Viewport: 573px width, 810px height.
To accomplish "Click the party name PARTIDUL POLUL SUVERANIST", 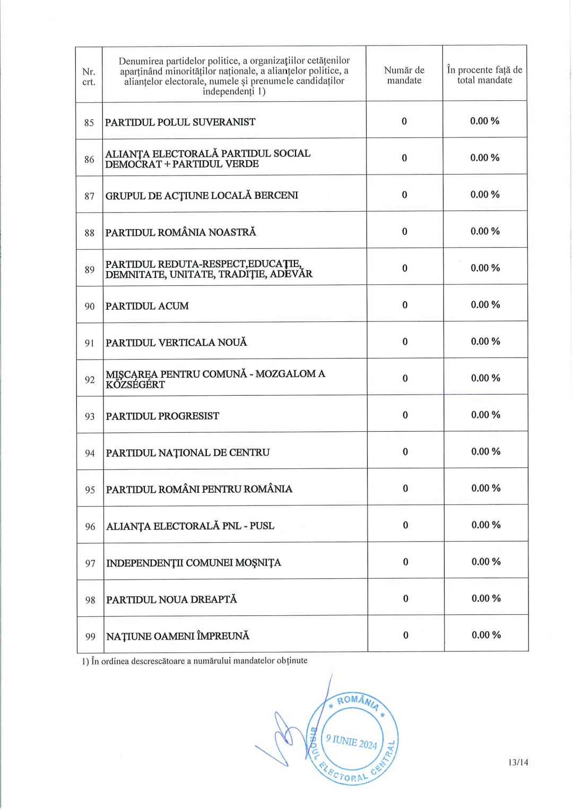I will tap(180, 122).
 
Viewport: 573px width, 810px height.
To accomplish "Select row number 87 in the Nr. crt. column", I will tap(89, 196).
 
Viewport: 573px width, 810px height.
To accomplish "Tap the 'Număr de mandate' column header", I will tap(404, 75).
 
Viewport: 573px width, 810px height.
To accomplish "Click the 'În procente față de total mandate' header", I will tap(484, 75).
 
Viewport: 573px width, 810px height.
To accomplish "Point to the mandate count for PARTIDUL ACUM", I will tap(405, 305).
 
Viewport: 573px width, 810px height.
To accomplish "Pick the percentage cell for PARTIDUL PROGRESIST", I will tap(485, 415).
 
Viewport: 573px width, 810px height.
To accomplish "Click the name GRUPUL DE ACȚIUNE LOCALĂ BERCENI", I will tap(202, 196).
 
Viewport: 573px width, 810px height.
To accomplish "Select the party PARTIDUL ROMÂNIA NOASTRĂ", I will tap(180, 232).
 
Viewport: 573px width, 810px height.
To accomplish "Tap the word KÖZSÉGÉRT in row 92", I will tap(135, 385).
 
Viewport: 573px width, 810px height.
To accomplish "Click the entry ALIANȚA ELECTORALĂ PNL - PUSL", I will tap(190, 526).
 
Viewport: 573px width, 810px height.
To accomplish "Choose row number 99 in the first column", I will tap(90, 637).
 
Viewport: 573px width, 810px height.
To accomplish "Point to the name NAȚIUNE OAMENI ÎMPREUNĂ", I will tap(178, 636).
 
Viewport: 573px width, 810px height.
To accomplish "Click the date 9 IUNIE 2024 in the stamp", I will tap(351, 741).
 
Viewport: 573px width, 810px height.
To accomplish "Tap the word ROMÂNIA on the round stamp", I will tap(358, 701).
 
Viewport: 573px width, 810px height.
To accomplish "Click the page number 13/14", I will tap(518, 763).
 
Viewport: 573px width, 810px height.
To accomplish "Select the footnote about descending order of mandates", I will tap(195, 661).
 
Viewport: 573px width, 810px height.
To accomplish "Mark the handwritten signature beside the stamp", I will tap(281, 737).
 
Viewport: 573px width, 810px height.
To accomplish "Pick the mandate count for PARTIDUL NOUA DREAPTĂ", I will tap(406, 599).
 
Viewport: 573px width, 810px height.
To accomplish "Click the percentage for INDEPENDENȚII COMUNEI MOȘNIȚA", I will tap(486, 562).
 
